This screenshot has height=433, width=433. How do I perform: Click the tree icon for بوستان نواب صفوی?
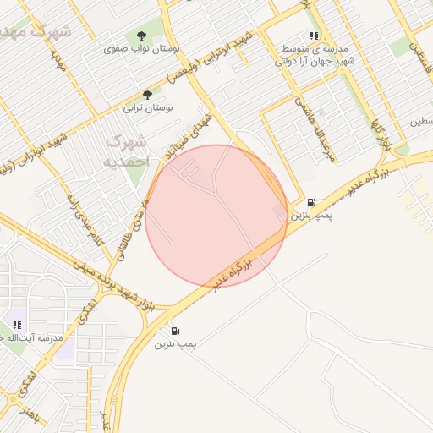tap(140, 36)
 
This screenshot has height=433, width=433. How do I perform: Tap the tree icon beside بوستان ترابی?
tap(147, 95)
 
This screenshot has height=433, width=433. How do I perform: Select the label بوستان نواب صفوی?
tap(142, 50)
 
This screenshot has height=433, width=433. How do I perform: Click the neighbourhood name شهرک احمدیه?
tap(127, 151)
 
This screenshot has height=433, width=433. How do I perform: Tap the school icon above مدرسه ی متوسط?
tap(315, 36)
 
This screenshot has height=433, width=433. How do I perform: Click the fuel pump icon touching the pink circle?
tap(312, 202)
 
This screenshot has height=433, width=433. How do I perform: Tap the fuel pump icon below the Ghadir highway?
tap(175, 331)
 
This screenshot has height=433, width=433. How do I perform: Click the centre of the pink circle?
tap(216, 216)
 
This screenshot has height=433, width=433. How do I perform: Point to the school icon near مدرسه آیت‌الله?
tap(17, 324)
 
